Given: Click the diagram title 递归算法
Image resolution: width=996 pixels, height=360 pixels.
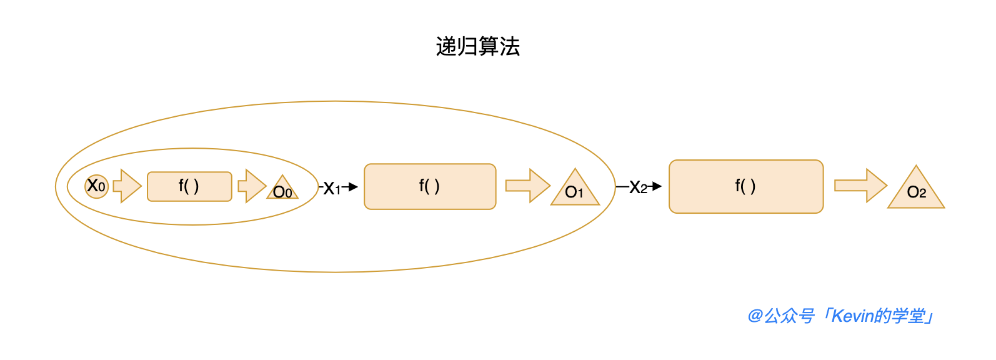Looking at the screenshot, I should click(x=478, y=47).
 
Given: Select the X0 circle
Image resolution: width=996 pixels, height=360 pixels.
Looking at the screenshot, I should click(x=96, y=186).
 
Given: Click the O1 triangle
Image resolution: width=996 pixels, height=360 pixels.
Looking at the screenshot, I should click(x=575, y=190).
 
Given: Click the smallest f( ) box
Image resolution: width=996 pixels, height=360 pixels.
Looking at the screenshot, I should click(x=189, y=186).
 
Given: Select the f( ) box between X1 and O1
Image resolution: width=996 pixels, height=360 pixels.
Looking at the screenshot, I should click(x=430, y=186).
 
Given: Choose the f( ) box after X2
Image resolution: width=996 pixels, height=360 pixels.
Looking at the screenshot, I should click(x=746, y=186).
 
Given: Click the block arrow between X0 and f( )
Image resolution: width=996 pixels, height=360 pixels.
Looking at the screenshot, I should click(x=127, y=186).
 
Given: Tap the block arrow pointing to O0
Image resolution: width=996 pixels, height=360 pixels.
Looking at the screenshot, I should click(x=252, y=186).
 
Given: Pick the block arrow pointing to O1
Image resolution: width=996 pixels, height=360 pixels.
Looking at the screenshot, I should click(x=527, y=186).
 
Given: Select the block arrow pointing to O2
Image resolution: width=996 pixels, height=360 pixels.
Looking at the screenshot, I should click(x=860, y=186).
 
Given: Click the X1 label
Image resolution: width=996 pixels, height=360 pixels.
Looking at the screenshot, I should click(x=332, y=188).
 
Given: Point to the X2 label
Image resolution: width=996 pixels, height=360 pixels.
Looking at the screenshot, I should click(x=638, y=187).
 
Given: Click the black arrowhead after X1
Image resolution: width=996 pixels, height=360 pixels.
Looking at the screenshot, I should click(x=353, y=186).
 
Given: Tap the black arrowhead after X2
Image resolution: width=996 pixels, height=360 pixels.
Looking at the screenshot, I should click(x=657, y=186).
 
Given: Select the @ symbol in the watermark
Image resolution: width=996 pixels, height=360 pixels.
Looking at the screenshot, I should click(x=755, y=316).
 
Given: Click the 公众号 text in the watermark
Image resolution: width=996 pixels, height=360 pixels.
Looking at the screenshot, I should click(x=789, y=316).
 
